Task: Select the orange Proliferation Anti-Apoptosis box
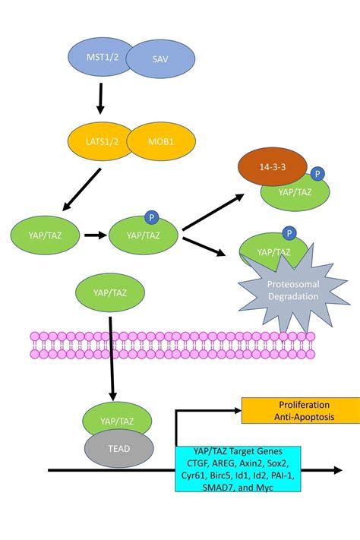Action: pos(301,410)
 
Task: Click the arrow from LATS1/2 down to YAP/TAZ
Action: pos(81,190)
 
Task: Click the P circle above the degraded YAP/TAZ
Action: pos(289,232)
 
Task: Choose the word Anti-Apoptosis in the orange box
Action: pos(300,416)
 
